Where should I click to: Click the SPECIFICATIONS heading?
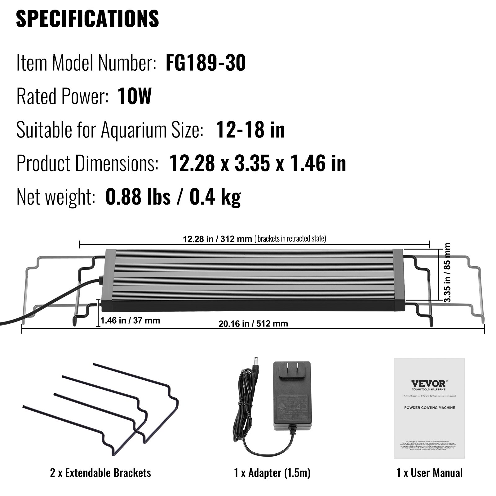[x=87, y=19]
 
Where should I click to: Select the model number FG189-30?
[x=206, y=63]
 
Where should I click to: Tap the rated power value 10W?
[x=135, y=96]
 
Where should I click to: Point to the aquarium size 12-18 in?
[x=250, y=130]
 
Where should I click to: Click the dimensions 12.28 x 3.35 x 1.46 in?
[x=258, y=163]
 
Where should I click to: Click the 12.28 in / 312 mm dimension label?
[x=217, y=239]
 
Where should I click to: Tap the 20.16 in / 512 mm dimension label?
[x=253, y=324]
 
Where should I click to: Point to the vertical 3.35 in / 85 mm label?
[x=447, y=272]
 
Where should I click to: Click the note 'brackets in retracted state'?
[x=290, y=239]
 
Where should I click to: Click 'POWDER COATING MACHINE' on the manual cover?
[x=429, y=408]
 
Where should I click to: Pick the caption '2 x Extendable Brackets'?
[x=100, y=473]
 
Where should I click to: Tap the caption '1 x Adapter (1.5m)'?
[x=272, y=473]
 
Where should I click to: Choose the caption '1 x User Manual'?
[x=429, y=473]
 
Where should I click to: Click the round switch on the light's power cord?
[x=100, y=279]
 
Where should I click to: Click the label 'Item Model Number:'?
[x=86, y=63]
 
